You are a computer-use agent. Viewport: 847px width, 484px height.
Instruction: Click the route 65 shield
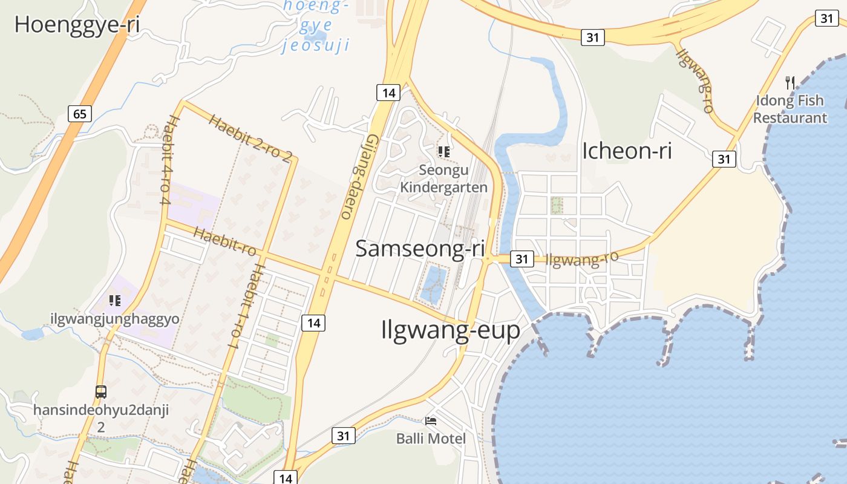pos(80,113)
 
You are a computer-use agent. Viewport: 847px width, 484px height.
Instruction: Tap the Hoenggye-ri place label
pos(77,25)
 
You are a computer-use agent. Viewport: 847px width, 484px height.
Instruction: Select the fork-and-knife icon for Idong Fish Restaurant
pos(790,82)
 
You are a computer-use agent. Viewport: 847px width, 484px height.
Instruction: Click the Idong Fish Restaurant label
pos(790,109)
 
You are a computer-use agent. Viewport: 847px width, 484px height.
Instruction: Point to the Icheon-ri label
pos(627,151)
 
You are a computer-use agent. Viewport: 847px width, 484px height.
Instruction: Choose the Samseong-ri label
pos(420,249)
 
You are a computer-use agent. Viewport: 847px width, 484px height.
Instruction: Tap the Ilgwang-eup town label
pos(451,330)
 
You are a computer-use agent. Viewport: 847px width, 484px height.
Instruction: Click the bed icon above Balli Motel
pos(431,420)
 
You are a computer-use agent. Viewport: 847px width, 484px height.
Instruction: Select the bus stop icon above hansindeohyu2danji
pos(101,391)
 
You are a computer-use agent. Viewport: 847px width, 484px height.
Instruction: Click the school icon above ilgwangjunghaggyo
pos(115,300)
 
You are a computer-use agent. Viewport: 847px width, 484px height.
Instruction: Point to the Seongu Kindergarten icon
pos(444,151)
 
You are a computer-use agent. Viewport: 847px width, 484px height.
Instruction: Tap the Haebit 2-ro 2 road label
pos(250,138)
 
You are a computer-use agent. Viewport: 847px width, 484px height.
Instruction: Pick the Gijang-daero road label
pos(358,175)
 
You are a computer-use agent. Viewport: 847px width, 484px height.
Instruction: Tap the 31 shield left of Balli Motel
pos(343,435)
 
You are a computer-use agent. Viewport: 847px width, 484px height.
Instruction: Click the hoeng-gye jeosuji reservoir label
pos(316,25)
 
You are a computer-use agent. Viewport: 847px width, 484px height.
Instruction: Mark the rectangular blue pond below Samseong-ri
pos(433,284)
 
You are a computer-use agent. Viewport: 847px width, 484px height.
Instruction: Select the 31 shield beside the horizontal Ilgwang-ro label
pos(522,259)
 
